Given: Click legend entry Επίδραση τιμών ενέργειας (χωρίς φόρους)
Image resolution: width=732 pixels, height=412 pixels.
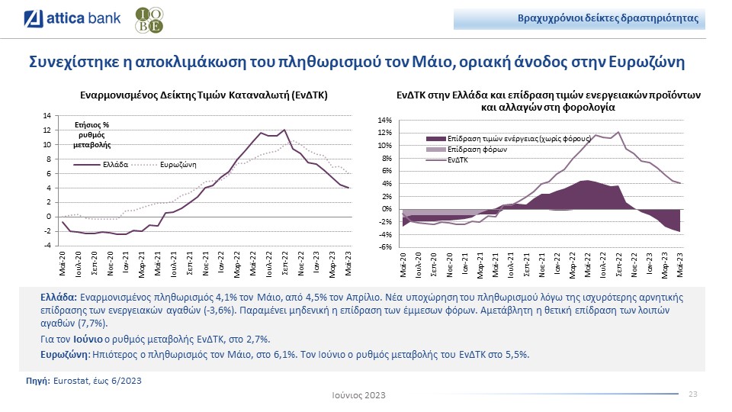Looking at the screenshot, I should tap(518, 140).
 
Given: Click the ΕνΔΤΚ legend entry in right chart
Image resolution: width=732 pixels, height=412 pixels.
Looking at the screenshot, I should tap(457, 160).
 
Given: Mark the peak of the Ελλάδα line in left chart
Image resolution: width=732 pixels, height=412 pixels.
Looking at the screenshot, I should tap(284, 130).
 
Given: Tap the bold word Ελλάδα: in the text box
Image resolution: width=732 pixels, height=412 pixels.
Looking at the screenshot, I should tap(58, 296).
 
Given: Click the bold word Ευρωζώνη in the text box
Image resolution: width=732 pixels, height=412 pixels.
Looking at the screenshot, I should tap(64, 355).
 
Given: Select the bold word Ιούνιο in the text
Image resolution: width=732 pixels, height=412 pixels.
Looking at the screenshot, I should tap(88, 340).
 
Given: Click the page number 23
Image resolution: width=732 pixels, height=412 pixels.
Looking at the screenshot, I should tap(693, 394).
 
